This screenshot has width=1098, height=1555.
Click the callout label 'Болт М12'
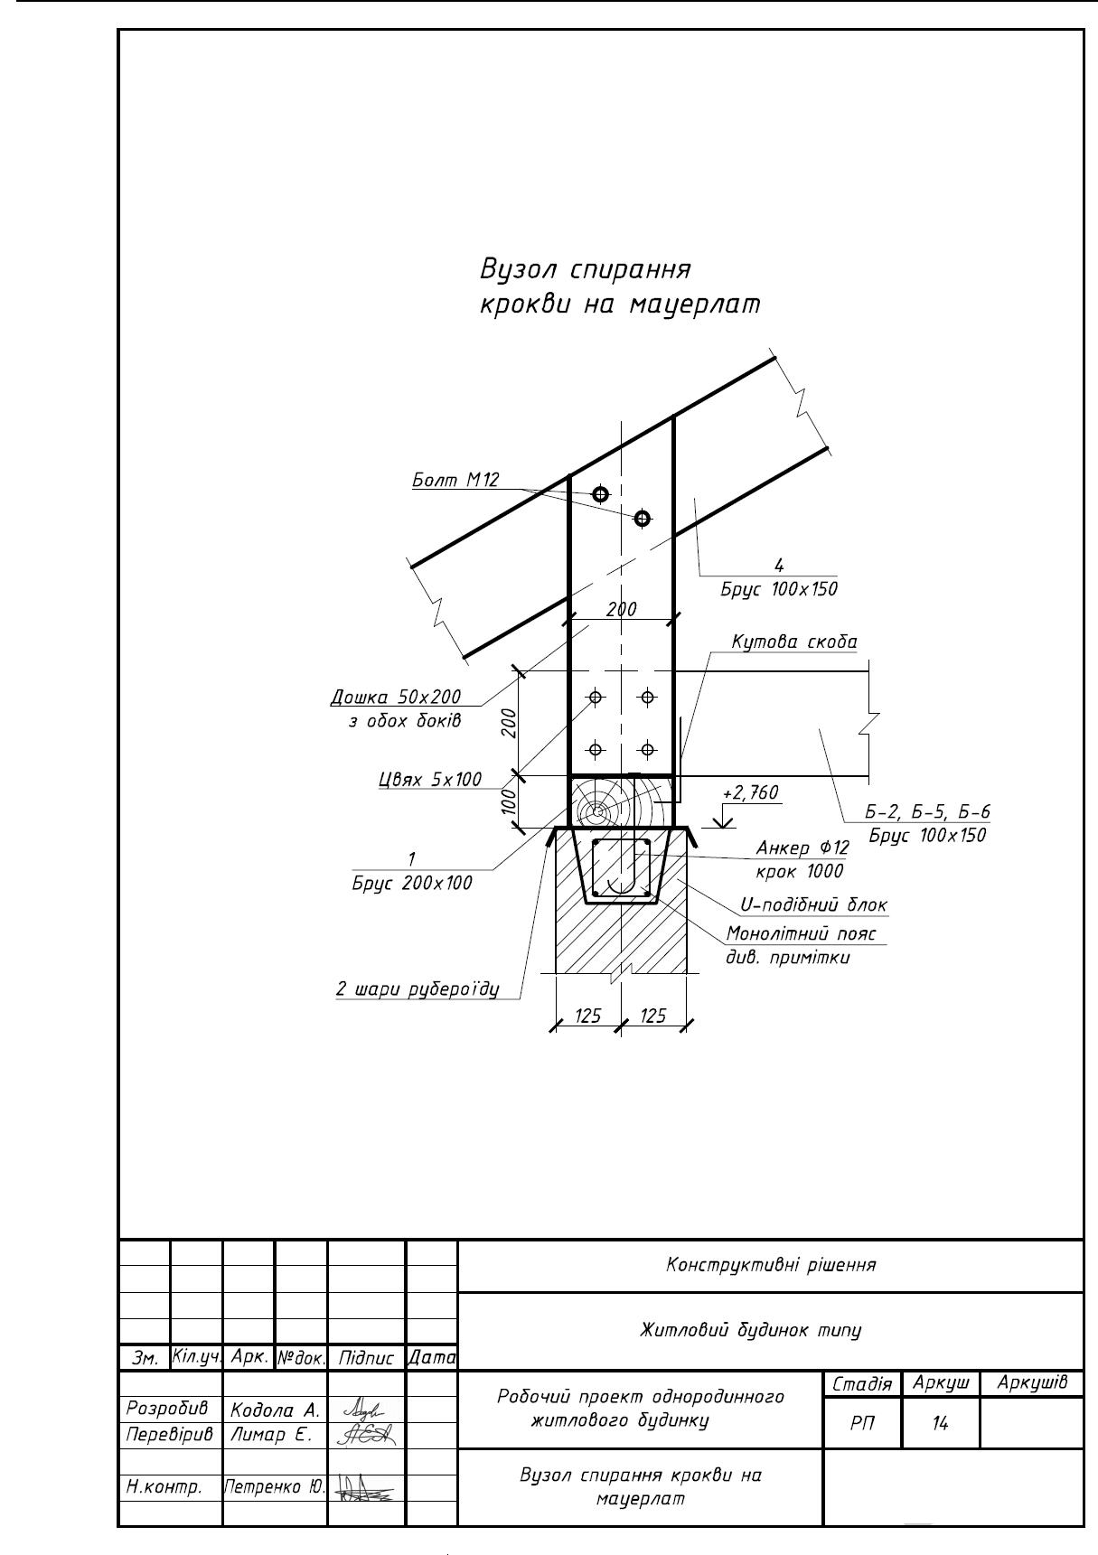click(x=455, y=480)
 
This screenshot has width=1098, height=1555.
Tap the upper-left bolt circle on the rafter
click(x=600, y=493)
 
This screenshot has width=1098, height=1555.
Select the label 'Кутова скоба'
click(x=793, y=642)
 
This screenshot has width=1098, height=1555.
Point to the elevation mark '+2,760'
click(x=750, y=793)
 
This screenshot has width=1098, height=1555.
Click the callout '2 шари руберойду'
click(x=418, y=988)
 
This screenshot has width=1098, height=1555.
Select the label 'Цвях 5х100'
click(x=430, y=779)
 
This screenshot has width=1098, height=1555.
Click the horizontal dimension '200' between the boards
click(x=621, y=609)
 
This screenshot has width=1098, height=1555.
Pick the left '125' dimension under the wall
click(x=587, y=1016)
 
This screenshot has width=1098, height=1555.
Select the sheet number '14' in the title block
click(x=940, y=1423)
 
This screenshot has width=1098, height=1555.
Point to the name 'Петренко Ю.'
click(x=275, y=1485)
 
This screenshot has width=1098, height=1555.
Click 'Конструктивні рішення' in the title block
click(x=771, y=1265)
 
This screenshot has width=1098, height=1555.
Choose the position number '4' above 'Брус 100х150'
click(x=779, y=566)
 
